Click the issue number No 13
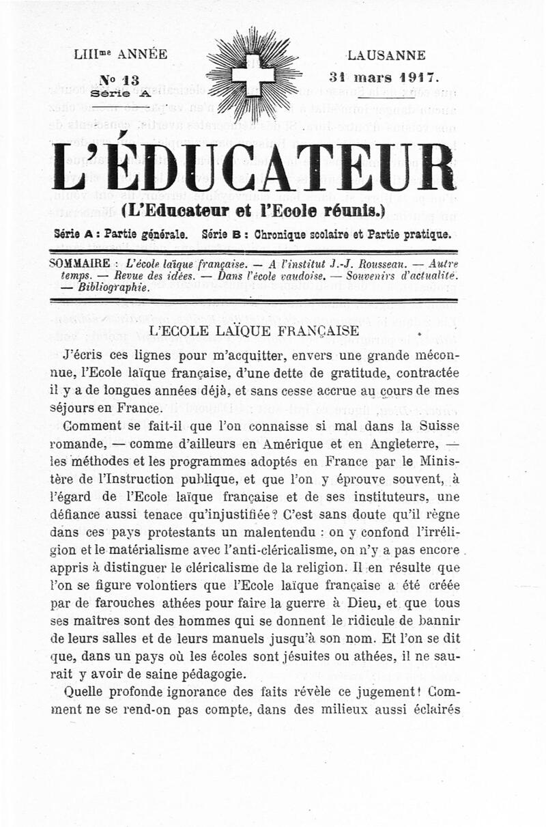(119, 80)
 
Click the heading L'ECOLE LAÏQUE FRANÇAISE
(254, 331)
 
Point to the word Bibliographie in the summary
(113, 287)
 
